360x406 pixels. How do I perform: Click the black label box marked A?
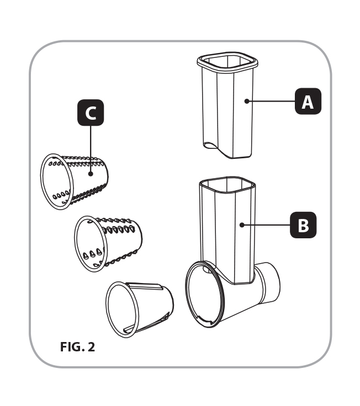(x=308, y=101)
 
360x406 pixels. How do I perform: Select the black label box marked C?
(x=90, y=113)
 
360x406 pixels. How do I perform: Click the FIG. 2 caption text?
(x=77, y=348)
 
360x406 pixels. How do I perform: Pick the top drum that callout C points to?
(x=77, y=180)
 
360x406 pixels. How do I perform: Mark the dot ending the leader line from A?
(x=246, y=101)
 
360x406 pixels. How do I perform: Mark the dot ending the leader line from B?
(x=242, y=225)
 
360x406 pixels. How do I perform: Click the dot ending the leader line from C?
(x=90, y=173)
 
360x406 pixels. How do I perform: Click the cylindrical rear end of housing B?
(x=269, y=282)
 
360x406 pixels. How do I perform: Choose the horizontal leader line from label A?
(x=271, y=101)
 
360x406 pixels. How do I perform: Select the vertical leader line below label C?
(x=90, y=149)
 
